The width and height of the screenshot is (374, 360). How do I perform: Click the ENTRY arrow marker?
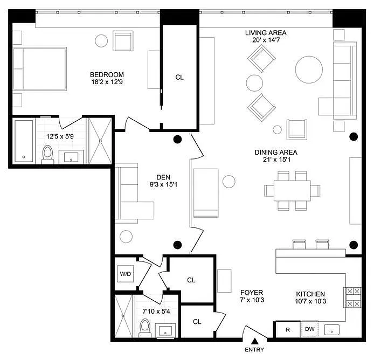pyautogui.click(x=255, y=341)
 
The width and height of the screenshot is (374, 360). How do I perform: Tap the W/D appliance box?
pyautogui.click(x=126, y=274)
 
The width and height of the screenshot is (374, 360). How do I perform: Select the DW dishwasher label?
pyautogui.click(x=309, y=329)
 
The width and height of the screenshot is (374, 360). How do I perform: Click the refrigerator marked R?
pyautogui.click(x=288, y=329)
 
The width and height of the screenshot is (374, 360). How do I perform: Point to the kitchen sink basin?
pyautogui.click(x=331, y=329)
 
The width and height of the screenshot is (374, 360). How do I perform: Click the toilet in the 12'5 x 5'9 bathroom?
pyautogui.click(x=48, y=155)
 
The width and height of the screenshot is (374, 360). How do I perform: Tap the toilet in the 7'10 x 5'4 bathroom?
pyautogui.click(x=145, y=328)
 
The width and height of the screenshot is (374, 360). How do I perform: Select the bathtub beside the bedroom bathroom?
pyautogui.click(x=24, y=141)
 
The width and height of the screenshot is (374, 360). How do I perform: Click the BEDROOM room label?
pyautogui.click(x=107, y=75)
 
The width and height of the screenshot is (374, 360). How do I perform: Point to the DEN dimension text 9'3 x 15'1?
pyautogui.click(x=163, y=184)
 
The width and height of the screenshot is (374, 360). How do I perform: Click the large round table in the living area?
pyautogui.click(x=309, y=70)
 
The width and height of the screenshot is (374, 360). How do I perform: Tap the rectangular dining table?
pyautogui.click(x=292, y=191)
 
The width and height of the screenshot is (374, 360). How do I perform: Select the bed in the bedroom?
pyautogui.click(x=39, y=69)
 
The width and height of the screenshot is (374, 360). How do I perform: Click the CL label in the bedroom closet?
pyautogui.click(x=179, y=77)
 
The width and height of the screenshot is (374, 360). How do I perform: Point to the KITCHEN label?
pyautogui.click(x=310, y=294)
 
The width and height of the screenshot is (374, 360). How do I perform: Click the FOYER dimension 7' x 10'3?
pyautogui.click(x=252, y=300)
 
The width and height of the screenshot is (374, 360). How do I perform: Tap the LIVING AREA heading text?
pyautogui.click(x=266, y=33)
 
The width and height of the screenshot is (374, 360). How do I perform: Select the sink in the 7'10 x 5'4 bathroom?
pyautogui.click(x=165, y=330)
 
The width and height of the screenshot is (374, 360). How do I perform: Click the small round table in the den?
pyautogui.click(x=126, y=237)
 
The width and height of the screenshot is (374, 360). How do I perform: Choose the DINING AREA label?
pyautogui.click(x=276, y=152)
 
